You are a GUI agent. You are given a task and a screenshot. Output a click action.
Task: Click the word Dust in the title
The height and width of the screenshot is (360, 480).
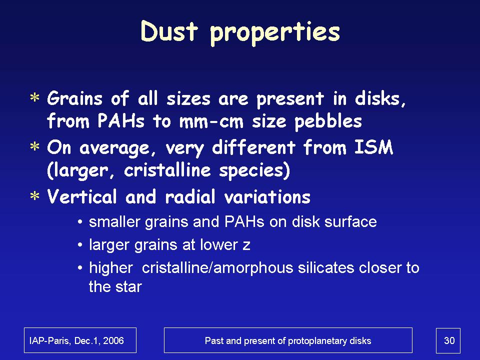pos(169,31)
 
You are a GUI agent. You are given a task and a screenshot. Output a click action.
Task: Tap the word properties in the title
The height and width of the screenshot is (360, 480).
pos(275,33)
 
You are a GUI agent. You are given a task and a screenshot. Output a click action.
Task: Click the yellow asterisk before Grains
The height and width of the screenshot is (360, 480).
pos(35,98)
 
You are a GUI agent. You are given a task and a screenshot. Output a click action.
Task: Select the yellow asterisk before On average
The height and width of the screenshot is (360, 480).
pos(35,146)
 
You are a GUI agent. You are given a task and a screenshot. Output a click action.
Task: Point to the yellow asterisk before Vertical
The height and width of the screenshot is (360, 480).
pos(35,196)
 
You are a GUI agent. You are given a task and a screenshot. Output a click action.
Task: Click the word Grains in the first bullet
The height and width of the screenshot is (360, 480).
pos(74,99)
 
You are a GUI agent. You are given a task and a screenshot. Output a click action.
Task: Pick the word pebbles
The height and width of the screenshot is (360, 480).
pos(328,121)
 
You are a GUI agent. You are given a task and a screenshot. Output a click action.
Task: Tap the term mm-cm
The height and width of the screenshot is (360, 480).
pos(211,122)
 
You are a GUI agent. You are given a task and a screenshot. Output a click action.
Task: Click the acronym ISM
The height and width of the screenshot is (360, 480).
pos(373,147)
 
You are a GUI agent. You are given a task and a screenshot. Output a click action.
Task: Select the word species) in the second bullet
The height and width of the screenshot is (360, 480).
pos(254,170)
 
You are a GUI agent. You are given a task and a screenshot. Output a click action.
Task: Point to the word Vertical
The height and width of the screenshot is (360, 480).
pos(81,196)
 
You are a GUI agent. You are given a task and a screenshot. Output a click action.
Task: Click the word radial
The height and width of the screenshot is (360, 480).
pos(190,196)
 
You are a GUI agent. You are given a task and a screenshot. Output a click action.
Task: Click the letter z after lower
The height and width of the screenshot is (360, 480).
pos(246,245)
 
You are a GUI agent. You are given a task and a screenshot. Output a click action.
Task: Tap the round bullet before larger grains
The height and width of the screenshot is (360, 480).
pos(80,245)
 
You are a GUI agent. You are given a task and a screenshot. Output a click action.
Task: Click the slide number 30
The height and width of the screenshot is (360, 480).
pos(449,340)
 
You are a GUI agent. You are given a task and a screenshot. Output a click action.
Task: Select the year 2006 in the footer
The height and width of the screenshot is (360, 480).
pos(113,340)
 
